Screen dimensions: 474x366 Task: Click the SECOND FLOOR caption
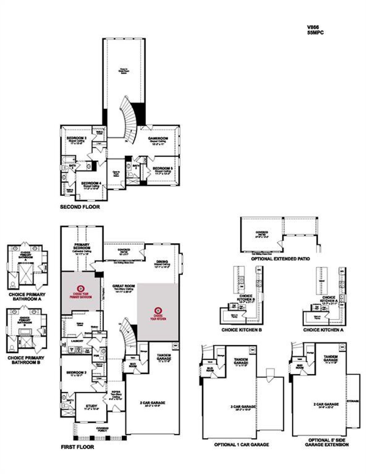80,207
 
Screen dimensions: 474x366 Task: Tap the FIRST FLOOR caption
77,447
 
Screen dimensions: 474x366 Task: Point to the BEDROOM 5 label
162,168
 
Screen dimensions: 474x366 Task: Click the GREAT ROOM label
123,286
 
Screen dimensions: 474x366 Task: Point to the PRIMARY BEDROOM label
82,246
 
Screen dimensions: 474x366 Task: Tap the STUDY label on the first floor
91,406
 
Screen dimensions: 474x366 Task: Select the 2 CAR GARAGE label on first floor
152,403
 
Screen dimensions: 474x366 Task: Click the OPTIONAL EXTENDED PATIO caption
280,259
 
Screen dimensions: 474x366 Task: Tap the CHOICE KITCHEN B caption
242,330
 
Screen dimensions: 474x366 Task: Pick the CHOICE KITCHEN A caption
323,330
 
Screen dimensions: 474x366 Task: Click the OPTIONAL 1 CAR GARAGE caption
241,445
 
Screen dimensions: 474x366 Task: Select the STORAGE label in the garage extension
353,401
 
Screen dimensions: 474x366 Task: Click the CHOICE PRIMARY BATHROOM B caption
26,360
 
